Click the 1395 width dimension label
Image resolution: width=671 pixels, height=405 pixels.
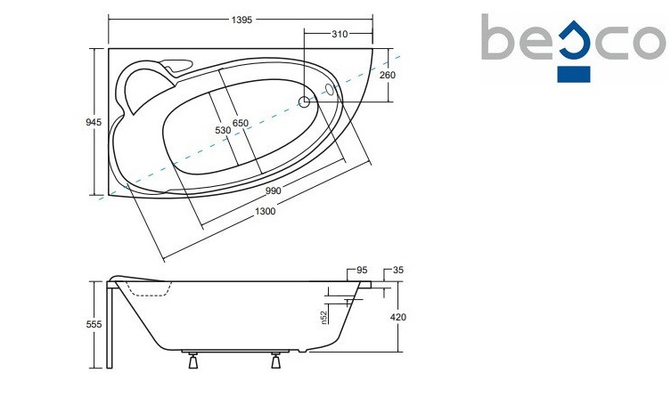tap(241, 20)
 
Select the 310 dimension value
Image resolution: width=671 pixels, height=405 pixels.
tap(340, 34)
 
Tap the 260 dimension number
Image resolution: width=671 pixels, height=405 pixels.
tap(388, 75)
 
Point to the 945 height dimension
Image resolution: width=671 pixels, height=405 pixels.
tap(94, 122)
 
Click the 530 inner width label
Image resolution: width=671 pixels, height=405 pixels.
tap(223, 131)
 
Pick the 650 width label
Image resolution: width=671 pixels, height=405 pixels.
tap(241, 123)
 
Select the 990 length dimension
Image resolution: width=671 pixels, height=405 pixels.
tap(273, 190)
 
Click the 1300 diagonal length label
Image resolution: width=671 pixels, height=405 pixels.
tap(266, 211)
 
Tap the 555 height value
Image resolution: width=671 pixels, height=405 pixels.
tap(94, 324)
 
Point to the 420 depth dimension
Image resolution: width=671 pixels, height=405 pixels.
tap(398, 318)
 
